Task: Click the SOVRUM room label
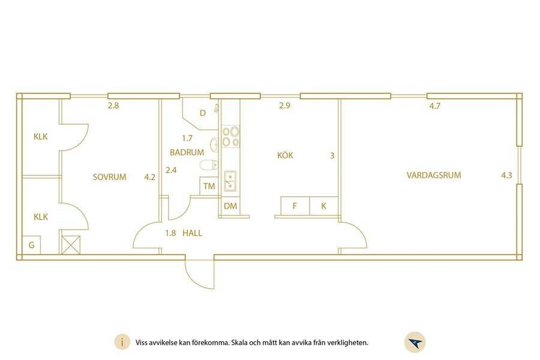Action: pos(110,177)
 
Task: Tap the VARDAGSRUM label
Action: pos(434,175)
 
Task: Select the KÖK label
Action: pos(285,155)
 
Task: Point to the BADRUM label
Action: pos(187,152)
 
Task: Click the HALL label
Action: pos(192,233)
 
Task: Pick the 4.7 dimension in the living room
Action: pos(434,106)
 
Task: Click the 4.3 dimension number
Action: pos(506,175)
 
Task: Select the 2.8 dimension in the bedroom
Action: pos(113,106)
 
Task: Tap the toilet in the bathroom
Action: pos(209,165)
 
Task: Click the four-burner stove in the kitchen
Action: pos(230,136)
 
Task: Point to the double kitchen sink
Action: pos(230,181)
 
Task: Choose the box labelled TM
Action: pos(209,187)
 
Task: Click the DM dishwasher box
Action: pos(230,206)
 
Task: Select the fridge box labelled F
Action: pos(295,206)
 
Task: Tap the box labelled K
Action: pos(324,206)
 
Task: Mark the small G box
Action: pos(31,245)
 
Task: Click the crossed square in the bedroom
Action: pos(71,245)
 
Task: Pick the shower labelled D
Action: pos(200,113)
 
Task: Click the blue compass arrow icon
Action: pos(415,343)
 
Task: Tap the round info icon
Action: pos(122,343)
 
